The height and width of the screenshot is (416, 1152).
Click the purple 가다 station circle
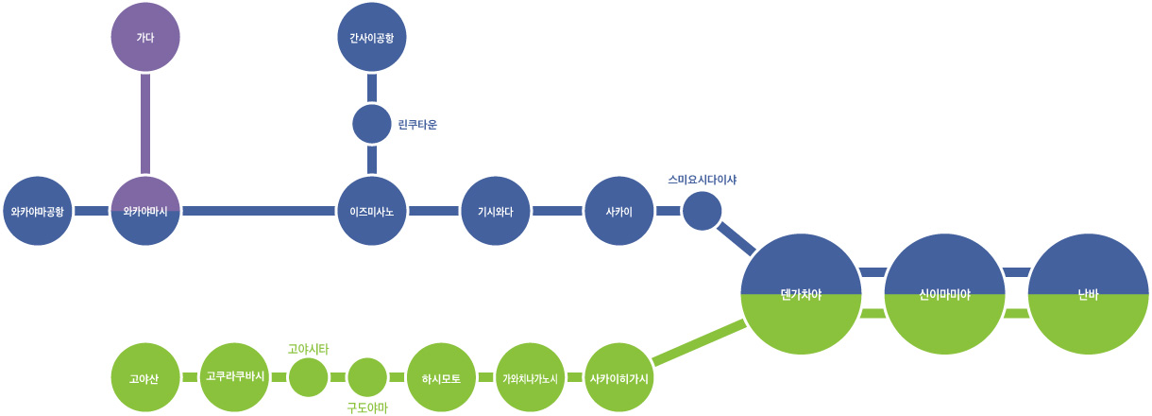145,38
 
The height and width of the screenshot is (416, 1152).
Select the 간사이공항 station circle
372,38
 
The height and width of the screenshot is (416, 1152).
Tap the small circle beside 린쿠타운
372,124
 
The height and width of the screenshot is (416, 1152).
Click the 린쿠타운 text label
418,124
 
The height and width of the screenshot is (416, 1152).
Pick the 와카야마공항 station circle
38,211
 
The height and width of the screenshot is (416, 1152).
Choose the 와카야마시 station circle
145,211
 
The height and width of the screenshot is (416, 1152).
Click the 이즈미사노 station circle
372,211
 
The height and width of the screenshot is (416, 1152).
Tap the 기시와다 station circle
496,211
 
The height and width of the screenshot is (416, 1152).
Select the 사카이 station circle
619,211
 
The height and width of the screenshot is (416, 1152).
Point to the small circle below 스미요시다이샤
702,211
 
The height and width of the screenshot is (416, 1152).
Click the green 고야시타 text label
308,349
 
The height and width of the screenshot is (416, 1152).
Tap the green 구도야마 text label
367,408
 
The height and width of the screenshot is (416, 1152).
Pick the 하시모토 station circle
441,378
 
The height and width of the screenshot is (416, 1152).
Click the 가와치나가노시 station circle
530,378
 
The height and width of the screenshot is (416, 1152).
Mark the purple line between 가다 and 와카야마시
145,124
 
